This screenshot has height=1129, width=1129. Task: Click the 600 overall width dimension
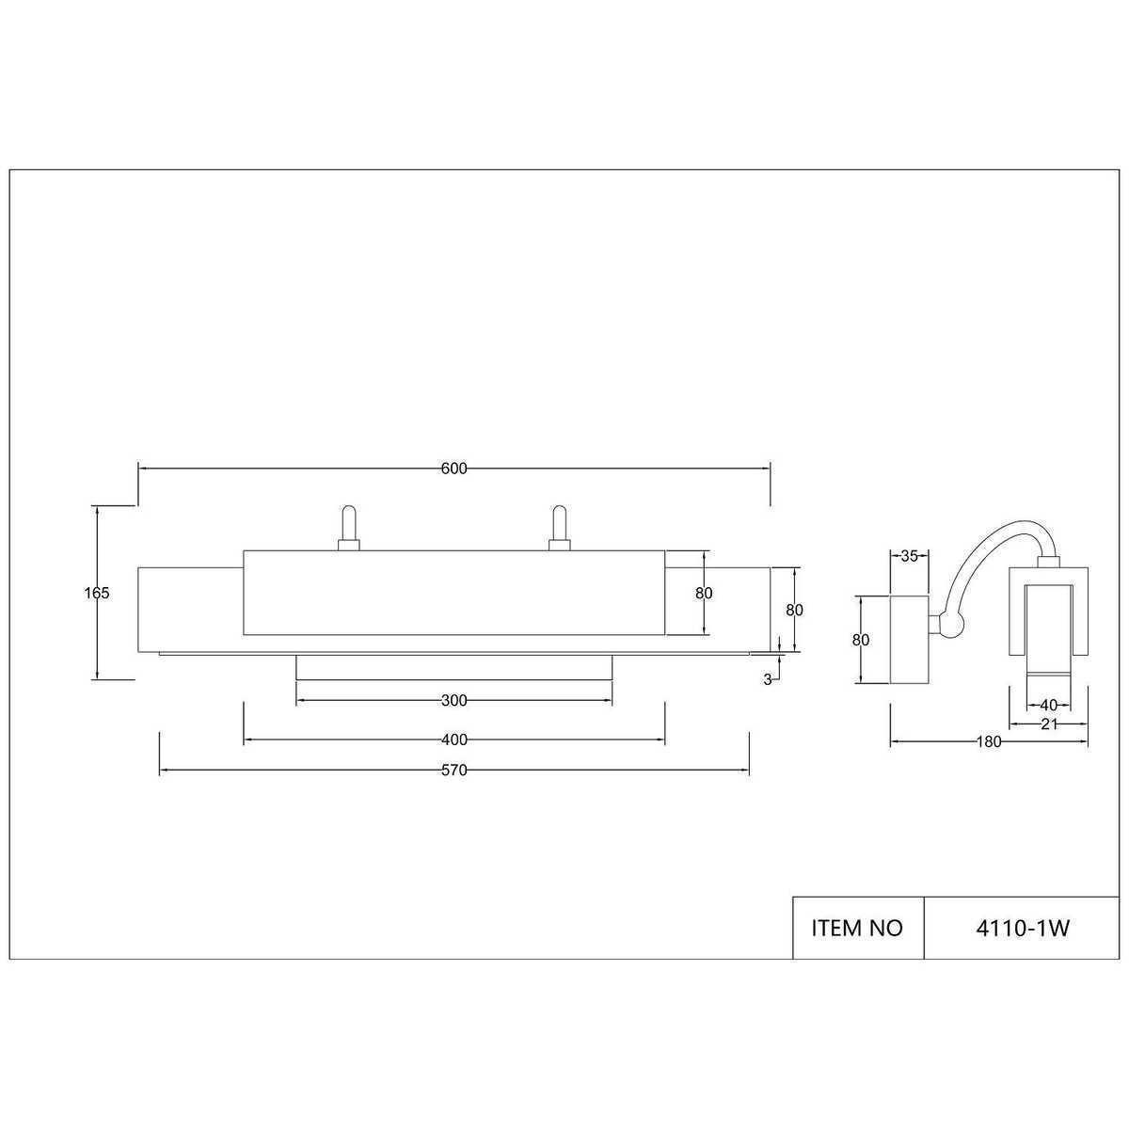tap(454, 469)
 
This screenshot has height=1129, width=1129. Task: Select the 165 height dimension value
tap(97, 593)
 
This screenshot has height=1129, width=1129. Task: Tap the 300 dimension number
tap(454, 700)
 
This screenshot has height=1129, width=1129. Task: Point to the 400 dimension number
tap(454, 740)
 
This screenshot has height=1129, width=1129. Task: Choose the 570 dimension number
tap(454, 771)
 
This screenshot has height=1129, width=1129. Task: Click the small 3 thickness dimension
tap(768, 679)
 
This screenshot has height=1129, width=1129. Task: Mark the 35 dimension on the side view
tap(909, 556)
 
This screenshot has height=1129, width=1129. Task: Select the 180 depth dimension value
tap(989, 741)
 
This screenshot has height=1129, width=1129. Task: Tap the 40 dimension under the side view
tap(1048, 705)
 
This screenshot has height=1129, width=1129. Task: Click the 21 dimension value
tap(1049, 724)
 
